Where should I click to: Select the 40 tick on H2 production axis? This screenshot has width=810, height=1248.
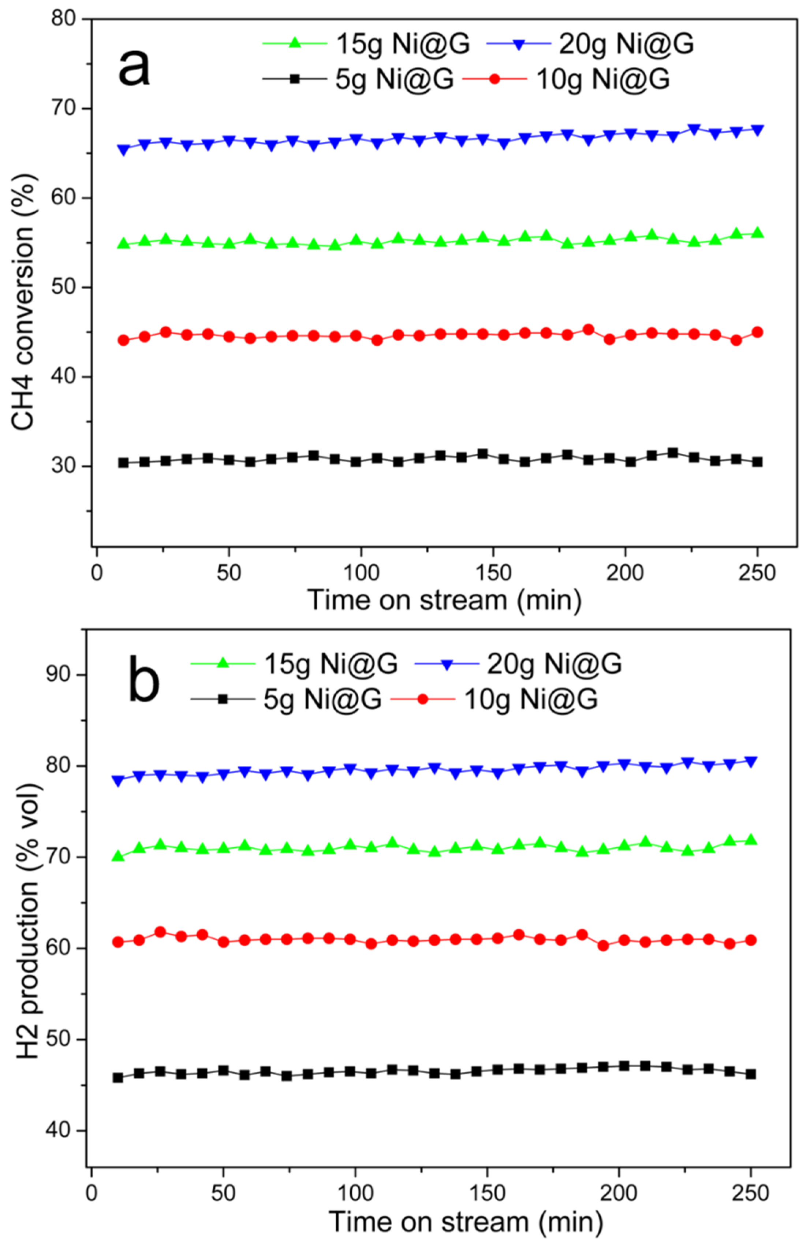pos(58,1130)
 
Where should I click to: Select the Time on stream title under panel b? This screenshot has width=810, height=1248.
pos(466,1222)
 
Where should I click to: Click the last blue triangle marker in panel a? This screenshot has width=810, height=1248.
pos(757,130)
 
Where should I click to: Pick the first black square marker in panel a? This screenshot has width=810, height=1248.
pos(124,463)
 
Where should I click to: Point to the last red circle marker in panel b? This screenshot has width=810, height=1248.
pos(751,940)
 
